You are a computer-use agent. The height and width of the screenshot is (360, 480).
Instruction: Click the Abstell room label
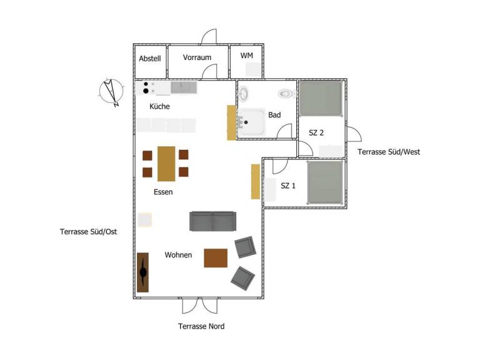[x=150, y=59]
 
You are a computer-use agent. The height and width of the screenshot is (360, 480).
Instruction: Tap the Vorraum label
[x=197, y=57]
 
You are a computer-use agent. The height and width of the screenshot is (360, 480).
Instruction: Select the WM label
[x=247, y=56]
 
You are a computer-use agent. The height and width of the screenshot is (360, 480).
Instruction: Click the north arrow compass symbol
[x=111, y=92]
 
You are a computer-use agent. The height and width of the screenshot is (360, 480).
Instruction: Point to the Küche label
[x=159, y=106]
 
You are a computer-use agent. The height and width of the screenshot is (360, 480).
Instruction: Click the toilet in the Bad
[x=287, y=93]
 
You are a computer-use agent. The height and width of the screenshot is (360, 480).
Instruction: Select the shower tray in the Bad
[x=251, y=122]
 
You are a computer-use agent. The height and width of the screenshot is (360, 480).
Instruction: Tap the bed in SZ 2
[x=321, y=98]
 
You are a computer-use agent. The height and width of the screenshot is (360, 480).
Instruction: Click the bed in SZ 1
[x=325, y=182]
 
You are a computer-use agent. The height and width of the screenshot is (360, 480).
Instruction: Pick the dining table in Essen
[x=166, y=164]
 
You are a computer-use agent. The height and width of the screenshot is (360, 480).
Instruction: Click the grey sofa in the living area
[x=212, y=221]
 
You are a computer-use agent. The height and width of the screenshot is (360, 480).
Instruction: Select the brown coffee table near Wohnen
[x=216, y=258]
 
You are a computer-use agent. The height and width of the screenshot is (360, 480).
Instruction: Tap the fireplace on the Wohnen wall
[x=143, y=272]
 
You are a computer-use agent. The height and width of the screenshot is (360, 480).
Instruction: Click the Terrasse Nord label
[x=201, y=326]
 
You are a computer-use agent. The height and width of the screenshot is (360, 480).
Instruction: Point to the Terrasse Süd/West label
[x=389, y=152]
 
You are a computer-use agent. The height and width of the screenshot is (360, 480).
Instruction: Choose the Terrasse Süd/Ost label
[x=89, y=232]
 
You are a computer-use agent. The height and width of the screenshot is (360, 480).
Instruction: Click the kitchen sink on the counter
[x=184, y=87]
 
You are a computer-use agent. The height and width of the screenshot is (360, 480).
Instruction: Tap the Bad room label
[x=274, y=115]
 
